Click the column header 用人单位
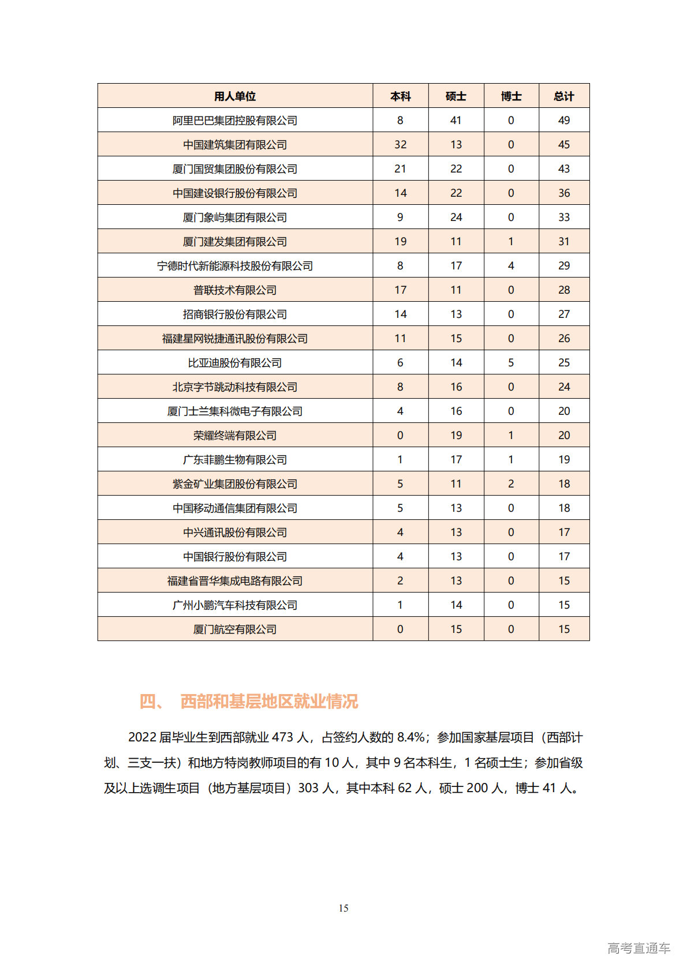[234, 96]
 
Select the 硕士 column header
[455, 96]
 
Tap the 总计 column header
[563, 96]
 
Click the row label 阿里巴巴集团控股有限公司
[234, 121]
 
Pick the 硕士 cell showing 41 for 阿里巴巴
[455, 121]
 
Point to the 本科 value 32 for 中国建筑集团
[400, 145]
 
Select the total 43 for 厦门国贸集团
[563, 169]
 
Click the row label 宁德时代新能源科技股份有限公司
[234, 266]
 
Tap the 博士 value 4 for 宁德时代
[511, 266]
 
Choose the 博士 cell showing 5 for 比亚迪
[511, 363]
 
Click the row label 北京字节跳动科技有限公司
[234, 387]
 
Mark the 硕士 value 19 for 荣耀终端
[455, 436]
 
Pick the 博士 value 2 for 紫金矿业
[511, 484]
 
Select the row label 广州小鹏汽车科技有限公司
[234, 605]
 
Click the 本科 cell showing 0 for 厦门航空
[400, 629]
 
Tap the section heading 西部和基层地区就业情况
[269, 702]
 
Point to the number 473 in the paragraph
[282, 737]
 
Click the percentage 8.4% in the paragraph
[410, 737]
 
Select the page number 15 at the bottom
[343, 908]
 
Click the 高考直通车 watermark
[639, 948]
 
